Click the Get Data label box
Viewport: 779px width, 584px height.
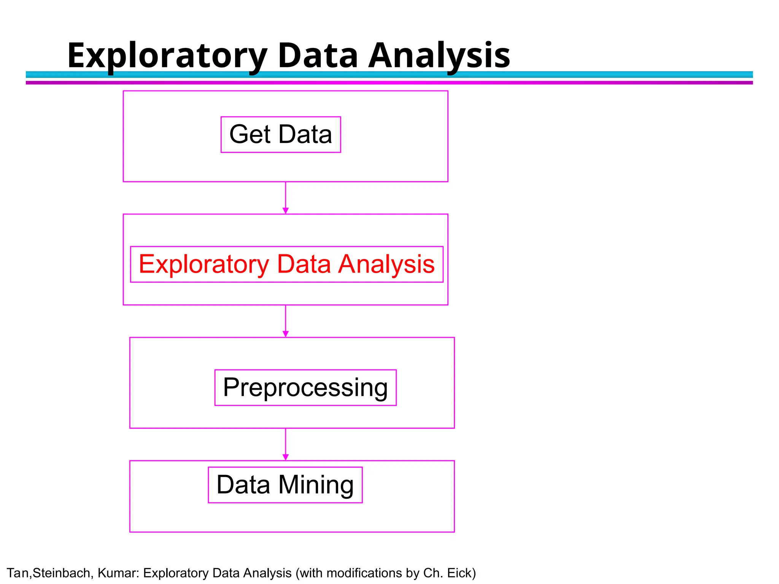(281, 135)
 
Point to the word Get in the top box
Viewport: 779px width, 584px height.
(250, 135)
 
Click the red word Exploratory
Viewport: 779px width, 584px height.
(204, 265)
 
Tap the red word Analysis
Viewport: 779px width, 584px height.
(386, 265)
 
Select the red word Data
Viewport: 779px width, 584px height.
(304, 265)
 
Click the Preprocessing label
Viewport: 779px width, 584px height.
(305, 388)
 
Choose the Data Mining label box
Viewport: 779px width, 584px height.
(285, 485)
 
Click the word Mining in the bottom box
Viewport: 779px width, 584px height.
(316, 485)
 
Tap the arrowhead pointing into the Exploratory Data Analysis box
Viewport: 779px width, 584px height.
(286, 211)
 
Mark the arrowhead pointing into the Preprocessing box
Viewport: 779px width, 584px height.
(286, 334)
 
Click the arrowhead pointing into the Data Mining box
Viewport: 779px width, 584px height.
(286, 457)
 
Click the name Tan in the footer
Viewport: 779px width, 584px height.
(17, 573)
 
